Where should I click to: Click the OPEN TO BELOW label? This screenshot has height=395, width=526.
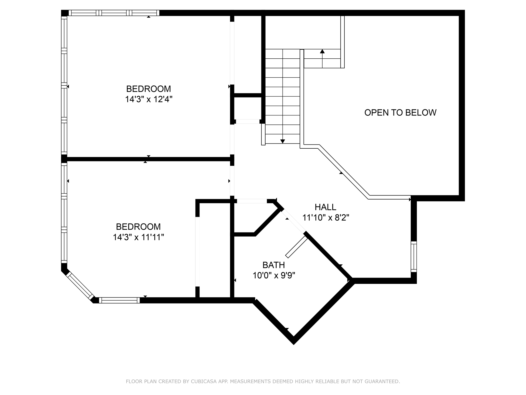pos(400,113)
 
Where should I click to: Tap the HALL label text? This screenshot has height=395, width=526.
pos(325,207)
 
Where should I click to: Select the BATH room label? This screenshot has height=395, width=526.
pos(274,265)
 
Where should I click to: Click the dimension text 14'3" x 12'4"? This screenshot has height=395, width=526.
pos(149,99)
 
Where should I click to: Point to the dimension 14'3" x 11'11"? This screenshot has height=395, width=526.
pos(138,237)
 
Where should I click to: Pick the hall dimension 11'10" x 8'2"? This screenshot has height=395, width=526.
pos(326,218)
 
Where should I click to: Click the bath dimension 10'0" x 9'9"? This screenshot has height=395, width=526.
pos(274,276)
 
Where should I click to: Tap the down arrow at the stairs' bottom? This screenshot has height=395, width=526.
pos(283,141)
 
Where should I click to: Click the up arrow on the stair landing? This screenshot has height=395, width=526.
pos(322,51)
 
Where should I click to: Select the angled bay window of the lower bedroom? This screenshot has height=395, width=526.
pos(80,286)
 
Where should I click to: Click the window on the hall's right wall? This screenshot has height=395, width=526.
pos(414,256)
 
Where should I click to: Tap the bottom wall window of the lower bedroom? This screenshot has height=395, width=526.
pos(119,300)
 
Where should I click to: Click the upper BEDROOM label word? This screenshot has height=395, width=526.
pos(148,89)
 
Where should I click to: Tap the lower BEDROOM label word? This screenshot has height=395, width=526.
pos(138,227)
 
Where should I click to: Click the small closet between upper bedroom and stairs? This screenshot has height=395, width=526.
pos(248,108)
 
